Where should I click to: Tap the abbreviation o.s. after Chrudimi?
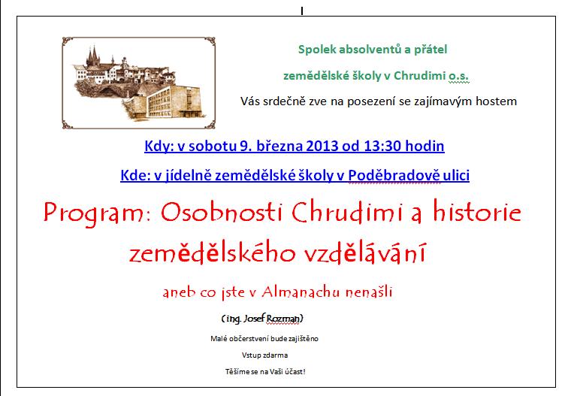click(x=458, y=75)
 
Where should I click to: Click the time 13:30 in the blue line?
click(x=382, y=146)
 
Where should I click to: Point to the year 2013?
click(x=322, y=146)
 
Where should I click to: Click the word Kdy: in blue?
click(x=159, y=147)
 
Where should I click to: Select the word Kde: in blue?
click(x=135, y=176)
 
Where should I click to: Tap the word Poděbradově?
click(x=394, y=176)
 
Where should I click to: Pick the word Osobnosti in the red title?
click(x=222, y=213)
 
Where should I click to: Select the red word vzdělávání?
click(x=364, y=252)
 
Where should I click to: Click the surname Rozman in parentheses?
click(x=283, y=319)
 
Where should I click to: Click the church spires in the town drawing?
click(x=93, y=56)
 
